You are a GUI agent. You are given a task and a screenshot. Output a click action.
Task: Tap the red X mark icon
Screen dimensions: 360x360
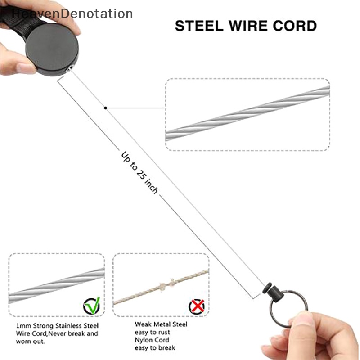point(196,306)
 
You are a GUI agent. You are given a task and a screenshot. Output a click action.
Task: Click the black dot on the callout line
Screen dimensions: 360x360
point(105,108)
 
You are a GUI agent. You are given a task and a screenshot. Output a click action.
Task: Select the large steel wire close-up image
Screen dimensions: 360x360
point(247,114)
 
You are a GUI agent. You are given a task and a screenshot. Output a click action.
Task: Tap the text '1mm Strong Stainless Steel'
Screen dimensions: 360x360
point(57,325)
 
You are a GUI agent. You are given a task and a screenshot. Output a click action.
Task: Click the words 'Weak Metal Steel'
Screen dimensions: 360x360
point(161,324)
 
